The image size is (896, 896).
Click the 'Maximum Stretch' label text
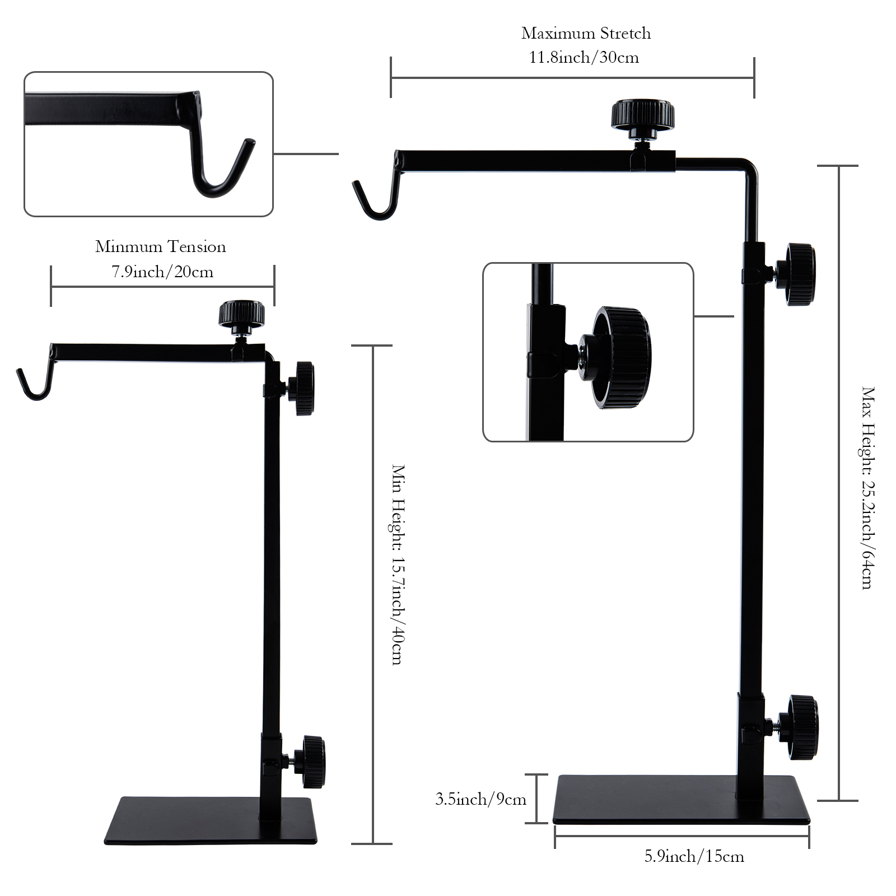pyautogui.click(x=586, y=34)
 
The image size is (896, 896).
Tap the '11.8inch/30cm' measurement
pyautogui.click(x=584, y=58)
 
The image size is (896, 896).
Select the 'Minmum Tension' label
pyautogui.click(x=160, y=247)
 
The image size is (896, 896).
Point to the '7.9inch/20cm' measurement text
pyautogui.click(x=162, y=272)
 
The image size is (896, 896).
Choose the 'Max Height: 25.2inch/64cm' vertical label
pyautogui.click(x=867, y=487)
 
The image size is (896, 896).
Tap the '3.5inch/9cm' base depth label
pyautogui.click(x=481, y=799)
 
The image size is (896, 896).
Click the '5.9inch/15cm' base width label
pyautogui.click(x=694, y=856)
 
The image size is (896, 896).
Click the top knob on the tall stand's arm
pyautogui.click(x=642, y=114)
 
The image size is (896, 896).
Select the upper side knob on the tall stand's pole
pyautogui.click(x=800, y=274)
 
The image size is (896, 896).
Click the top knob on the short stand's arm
pyautogui.click(x=241, y=314)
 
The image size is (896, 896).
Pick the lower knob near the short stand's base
pyautogui.click(x=312, y=762)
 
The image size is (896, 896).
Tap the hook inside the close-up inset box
pyautogui.click(x=221, y=168)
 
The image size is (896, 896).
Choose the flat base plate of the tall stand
pyautogui.click(x=680, y=799)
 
